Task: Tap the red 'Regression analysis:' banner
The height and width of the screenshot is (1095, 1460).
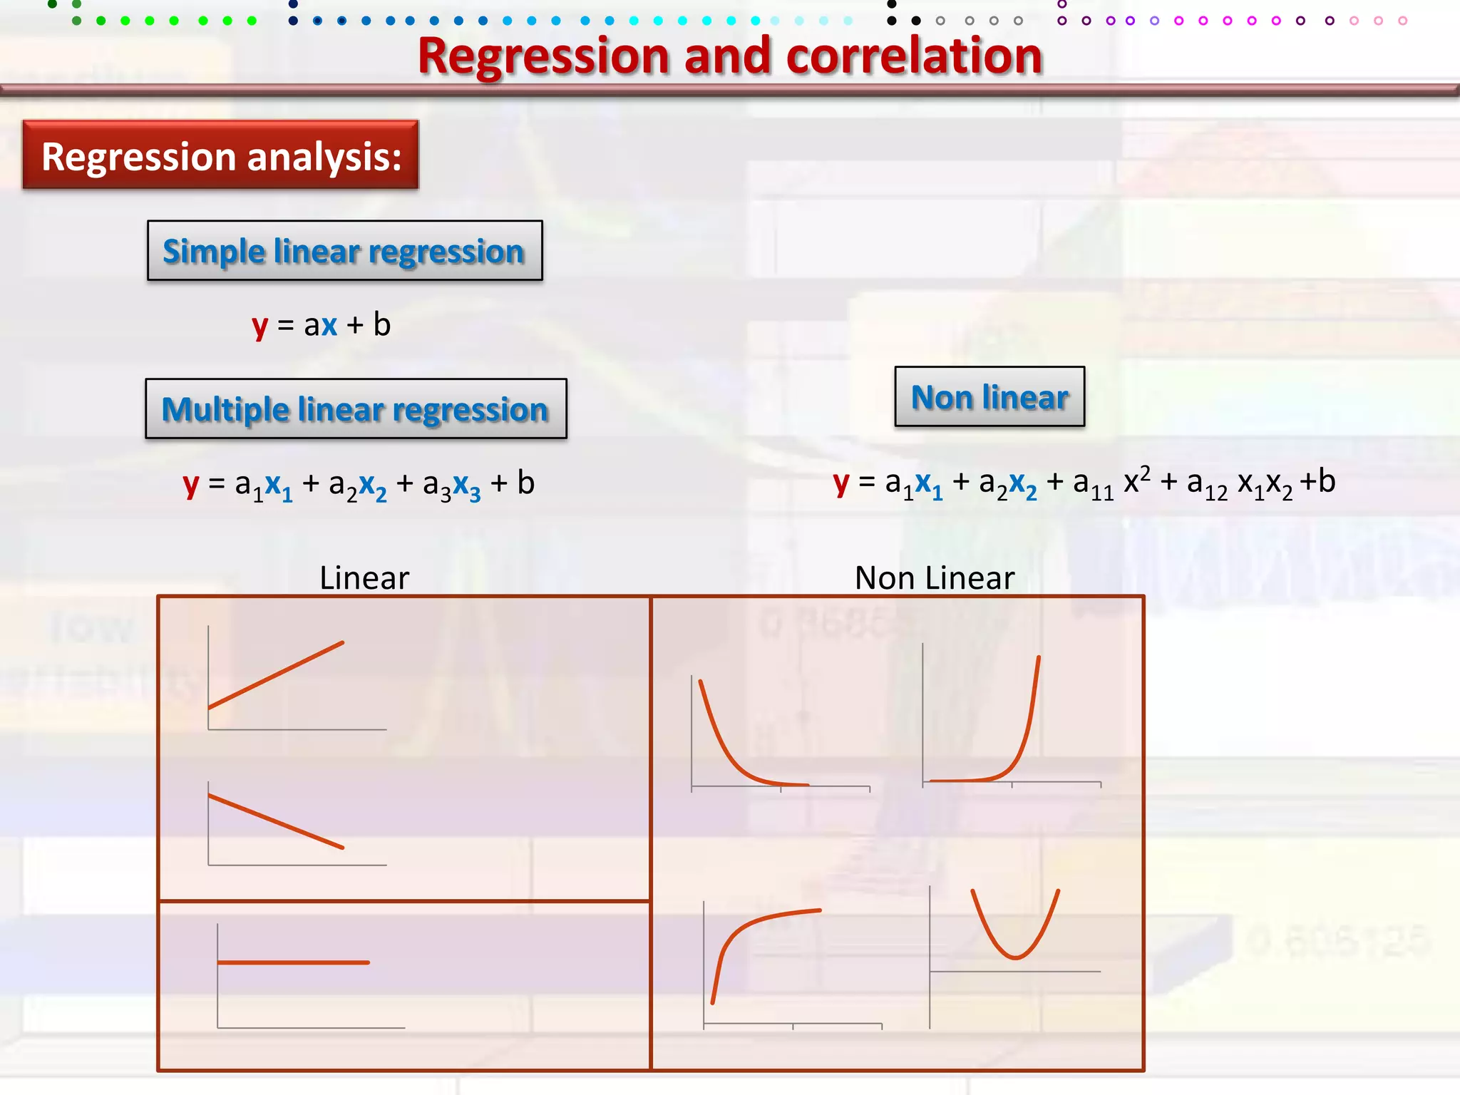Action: (221, 155)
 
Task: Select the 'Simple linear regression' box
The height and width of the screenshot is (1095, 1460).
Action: (344, 251)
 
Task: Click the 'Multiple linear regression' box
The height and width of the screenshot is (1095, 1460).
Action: (356, 409)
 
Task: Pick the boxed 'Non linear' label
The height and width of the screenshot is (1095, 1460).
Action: (989, 397)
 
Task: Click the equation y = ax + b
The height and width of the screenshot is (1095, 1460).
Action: (321, 325)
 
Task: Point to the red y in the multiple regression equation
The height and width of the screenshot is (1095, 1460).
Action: (190, 484)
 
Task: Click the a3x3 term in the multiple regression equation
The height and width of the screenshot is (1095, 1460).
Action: (451, 485)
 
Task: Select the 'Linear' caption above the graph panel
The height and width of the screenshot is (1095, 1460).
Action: (364, 577)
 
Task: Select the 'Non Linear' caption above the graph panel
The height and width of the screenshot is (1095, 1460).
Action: (934, 577)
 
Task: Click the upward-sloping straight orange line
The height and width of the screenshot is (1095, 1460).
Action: (276, 675)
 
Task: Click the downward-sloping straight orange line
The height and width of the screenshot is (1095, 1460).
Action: (276, 821)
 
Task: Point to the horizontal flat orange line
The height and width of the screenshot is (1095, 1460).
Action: (293, 962)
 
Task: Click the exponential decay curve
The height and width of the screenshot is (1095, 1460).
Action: (727, 749)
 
